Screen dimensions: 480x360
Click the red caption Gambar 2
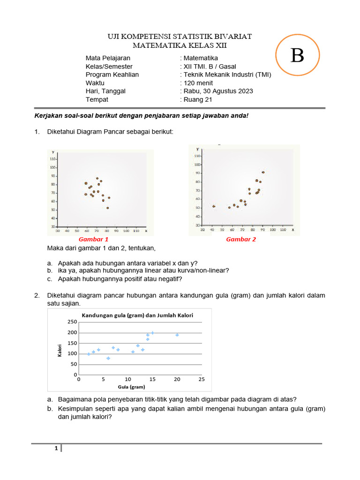(241, 239)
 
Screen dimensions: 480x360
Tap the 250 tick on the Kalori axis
(72, 322)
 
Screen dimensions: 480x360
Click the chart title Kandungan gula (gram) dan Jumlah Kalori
(138, 315)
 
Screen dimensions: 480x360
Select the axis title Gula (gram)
(131, 387)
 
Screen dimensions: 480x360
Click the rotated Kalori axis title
(60, 349)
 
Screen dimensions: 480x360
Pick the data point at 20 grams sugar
(177, 335)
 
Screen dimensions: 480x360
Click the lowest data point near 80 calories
(108, 358)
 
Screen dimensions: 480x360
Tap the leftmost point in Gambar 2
(214, 206)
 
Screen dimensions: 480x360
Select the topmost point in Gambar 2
(263, 172)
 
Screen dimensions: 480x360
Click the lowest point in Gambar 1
(107, 208)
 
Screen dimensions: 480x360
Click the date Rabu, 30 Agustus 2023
(218, 91)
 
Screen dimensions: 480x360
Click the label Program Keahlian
(112, 75)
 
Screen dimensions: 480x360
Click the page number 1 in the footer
(56, 449)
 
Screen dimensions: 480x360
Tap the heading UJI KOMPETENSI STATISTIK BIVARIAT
(180, 37)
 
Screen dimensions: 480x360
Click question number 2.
(37, 295)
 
